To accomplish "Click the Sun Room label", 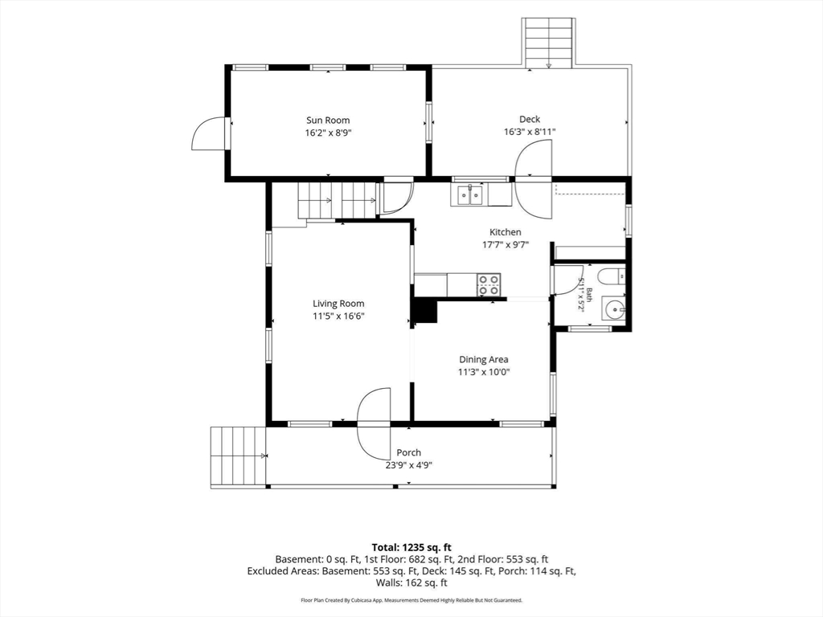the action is [328, 121].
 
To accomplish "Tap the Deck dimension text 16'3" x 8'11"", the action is [530, 132].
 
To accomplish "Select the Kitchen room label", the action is [506, 232].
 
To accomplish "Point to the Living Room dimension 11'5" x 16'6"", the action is [338, 316].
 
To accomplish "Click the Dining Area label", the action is [483, 359].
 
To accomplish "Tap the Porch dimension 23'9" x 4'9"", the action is [408, 465].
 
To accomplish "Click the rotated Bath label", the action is [589, 295].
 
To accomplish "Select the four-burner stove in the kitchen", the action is [488, 285].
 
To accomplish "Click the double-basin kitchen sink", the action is [470, 194].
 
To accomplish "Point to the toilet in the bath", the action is [612, 276].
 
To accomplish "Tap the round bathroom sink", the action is [613, 309].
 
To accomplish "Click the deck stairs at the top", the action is [548, 43].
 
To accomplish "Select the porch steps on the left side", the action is [238, 457].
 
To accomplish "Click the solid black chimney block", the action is [424, 311].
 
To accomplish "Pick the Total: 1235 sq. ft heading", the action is [411, 548].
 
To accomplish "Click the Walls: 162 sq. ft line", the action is [411, 582].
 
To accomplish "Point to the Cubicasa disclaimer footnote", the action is [411, 600].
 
